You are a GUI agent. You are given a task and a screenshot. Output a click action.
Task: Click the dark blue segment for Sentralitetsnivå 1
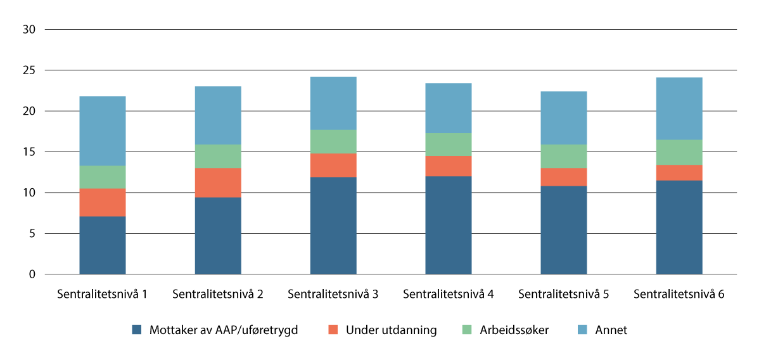[103, 245]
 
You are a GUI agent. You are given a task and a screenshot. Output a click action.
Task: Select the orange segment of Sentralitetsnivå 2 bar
[218, 183]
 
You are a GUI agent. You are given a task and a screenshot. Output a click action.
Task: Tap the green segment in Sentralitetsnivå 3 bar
[333, 141]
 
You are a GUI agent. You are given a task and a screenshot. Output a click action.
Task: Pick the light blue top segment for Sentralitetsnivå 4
[449, 108]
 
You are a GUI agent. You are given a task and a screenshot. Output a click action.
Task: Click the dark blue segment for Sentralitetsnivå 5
[564, 230]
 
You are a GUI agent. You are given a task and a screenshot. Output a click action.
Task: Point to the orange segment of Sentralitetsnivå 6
[679, 172]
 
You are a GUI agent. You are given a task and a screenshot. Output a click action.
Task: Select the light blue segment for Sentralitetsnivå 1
[103, 131]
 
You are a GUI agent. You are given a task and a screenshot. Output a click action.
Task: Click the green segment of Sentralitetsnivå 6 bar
[679, 152]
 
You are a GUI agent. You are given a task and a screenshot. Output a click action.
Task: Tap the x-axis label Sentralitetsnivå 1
[103, 294]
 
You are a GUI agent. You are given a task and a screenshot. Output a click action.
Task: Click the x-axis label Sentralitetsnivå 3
[333, 294]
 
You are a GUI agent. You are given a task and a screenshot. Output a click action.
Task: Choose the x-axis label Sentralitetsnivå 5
[564, 294]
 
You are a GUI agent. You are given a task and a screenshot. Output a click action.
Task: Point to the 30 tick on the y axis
[29, 30]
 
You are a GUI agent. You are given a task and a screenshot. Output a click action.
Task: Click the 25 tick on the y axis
[29, 70]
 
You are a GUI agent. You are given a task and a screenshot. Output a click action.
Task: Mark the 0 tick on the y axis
[32, 274]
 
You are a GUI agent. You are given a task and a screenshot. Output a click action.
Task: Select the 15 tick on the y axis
[29, 152]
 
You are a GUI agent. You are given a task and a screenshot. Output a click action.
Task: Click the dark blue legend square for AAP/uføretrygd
[136, 330]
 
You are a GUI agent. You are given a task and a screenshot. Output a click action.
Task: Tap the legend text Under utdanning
[391, 330]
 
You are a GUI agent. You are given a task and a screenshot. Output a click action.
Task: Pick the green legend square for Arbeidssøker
[467, 330]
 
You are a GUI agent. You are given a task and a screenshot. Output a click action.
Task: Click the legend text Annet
[610, 330]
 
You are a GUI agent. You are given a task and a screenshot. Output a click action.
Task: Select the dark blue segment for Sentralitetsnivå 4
[449, 225]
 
